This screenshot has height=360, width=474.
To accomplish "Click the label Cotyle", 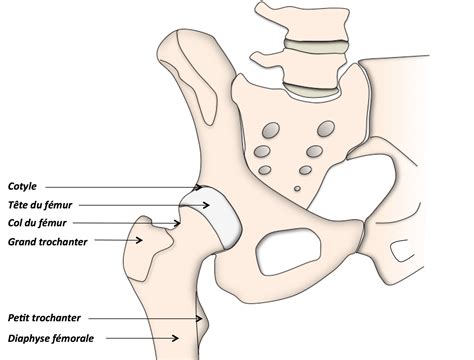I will click(x=22, y=186).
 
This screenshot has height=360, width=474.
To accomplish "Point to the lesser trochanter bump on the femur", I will click(x=207, y=322).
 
